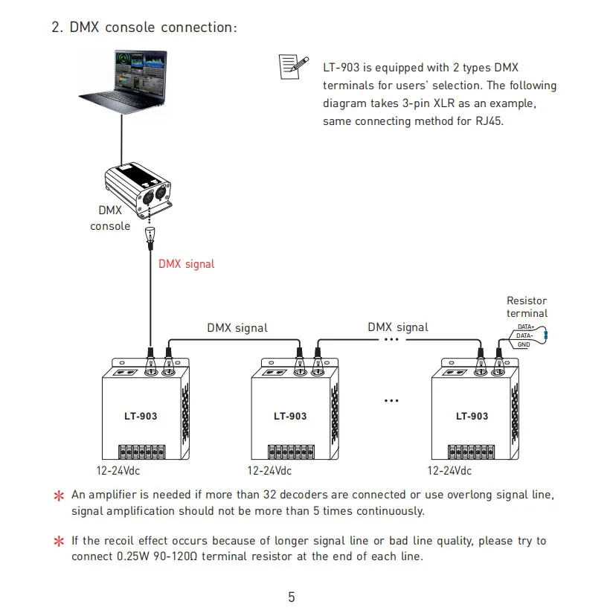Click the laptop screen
[140, 71]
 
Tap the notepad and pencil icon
[294, 67]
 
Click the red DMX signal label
[186, 264]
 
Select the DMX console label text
[110, 218]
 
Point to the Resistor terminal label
[527, 307]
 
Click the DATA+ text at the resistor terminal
[526, 327]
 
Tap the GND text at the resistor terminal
[524, 344]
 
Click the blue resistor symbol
[546, 335]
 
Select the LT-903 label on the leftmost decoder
[141, 417]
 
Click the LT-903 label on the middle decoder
[290, 417]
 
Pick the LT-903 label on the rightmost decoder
[472, 417]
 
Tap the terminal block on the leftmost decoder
[141, 452]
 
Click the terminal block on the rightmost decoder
[471, 452]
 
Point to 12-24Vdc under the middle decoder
[269, 471]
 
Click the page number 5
[292, 597]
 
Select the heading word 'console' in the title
[130, 28]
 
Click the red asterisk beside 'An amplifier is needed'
[59, 495]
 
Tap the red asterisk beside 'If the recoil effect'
[59, 541]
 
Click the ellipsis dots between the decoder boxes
[391, 401]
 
